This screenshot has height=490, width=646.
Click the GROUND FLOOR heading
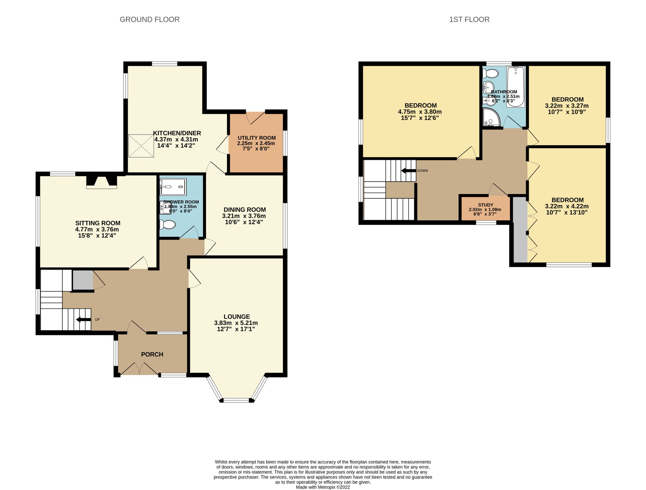(149, 20)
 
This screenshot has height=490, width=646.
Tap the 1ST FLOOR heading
(469, 20)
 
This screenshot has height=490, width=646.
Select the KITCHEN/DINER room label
(177, 133)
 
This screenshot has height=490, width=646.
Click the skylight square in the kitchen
(141, 146)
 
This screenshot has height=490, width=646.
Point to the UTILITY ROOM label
(256, 138)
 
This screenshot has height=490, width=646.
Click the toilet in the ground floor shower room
(168, 225)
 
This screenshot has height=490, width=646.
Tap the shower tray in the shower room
(173, 187)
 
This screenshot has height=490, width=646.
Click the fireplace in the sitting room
(102, 182)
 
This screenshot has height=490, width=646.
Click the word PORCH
(152, 354)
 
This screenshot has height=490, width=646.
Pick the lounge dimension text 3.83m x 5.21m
(236, 323)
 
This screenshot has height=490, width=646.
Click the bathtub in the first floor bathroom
(516, 87)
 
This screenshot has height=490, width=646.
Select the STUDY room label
(485, 205)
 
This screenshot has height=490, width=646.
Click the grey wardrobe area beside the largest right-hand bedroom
(520, 230)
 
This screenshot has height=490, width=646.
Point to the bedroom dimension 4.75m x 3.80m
(420, 112)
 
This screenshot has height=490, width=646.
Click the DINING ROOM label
(245, 210)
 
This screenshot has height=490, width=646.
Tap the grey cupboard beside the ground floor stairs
(83, 280)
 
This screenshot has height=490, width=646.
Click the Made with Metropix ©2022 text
(323, 487)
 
